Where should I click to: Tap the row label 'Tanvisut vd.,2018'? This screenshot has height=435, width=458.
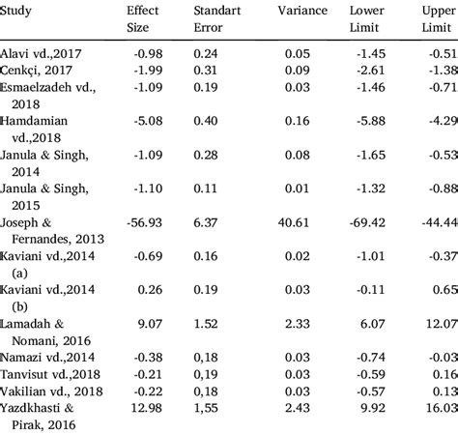pos(49,372)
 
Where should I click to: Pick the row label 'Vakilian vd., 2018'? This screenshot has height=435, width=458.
pos(51,391)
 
